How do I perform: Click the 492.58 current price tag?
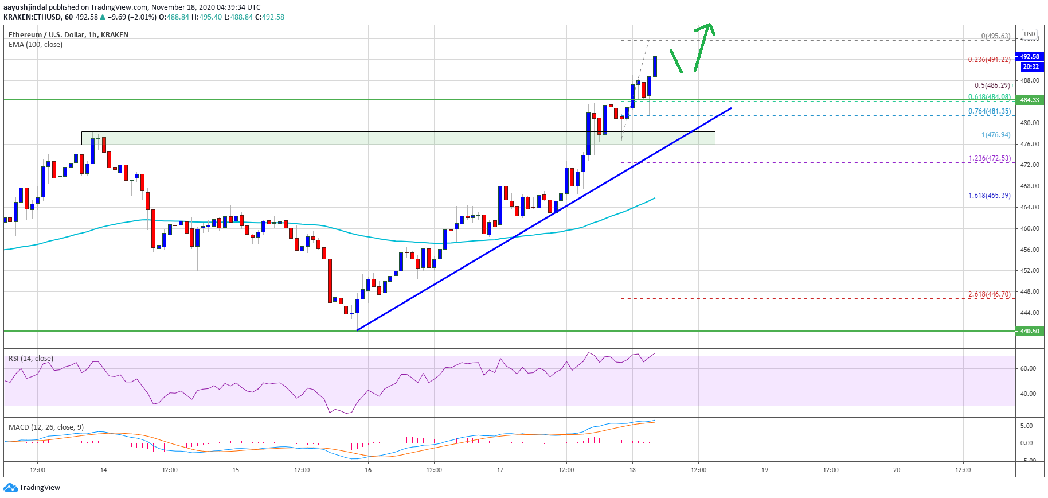[x=1030, y=56]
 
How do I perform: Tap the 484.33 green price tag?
[x=1030, y=100]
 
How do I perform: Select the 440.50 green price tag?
[x=1030, y=331]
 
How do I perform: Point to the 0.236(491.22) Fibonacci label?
[x=989, y=60]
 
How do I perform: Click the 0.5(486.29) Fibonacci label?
[x=992, y=86]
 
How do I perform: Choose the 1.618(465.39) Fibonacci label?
[x=989, y=196]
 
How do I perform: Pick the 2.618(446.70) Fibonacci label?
[x=989, y=294]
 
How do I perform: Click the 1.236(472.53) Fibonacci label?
[x=990, y=158]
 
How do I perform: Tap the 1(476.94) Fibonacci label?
[x=995, y=135]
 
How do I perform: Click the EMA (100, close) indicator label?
[x=36, y=45]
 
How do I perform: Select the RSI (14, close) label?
[x=31, y=359]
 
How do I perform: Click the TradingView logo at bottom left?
[x=32, y=488]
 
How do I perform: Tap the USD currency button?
[x=1030, y=34]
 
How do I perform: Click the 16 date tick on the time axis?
[x=368, y=470]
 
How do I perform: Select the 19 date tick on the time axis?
[x=764, y=470]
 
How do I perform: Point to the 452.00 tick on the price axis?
[x=1030, y=270]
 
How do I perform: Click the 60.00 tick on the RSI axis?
[x=1028, y=368]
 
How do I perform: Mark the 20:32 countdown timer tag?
[x=1030, y=67]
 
